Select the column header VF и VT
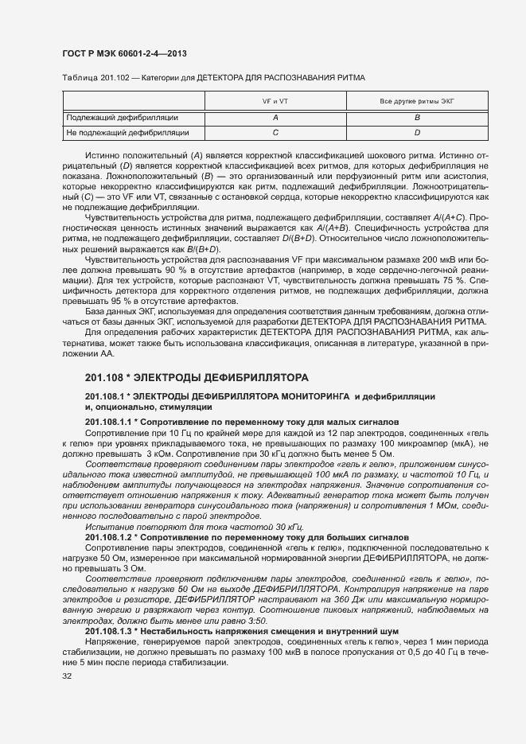275,102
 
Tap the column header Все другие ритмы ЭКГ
417,102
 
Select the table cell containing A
275,117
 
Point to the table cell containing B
417,117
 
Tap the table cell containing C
275,132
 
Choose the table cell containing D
417,132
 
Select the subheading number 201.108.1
106,396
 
